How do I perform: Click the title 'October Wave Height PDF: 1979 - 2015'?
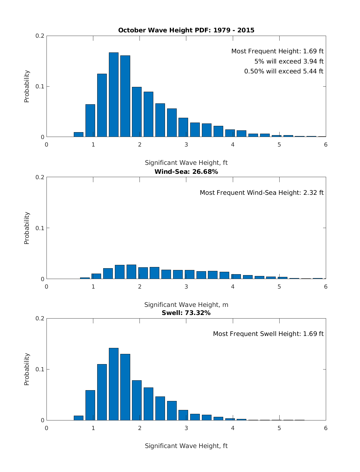pos(186,30)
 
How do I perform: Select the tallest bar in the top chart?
pos(113,95)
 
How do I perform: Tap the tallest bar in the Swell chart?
pos(113,384)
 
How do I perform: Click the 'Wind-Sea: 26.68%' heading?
pos(186,172)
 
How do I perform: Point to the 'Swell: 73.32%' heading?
pos(186,313)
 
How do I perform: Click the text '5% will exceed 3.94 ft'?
pos(289,61)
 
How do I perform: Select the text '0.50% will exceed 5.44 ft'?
pos(284,71)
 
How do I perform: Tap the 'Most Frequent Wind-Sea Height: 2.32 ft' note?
pos(262,193)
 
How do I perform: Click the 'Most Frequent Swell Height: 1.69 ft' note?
pos(268,334)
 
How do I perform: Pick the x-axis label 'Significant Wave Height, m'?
pos(186,305)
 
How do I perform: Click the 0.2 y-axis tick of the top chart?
pos(40,36)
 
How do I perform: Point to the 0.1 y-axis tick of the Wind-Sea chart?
pos(40,228)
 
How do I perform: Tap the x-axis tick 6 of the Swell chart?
pos(326,428)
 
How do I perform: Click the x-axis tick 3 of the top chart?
pos(186,145)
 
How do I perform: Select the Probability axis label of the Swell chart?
pos(27,369)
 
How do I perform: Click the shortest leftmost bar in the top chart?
pos(79,135)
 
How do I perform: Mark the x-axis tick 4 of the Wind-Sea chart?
pos(233,287)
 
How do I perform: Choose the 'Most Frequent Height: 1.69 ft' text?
pos(277,52)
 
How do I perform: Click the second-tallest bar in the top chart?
pos(125,96)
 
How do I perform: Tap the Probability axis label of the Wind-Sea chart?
pos(27,228)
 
